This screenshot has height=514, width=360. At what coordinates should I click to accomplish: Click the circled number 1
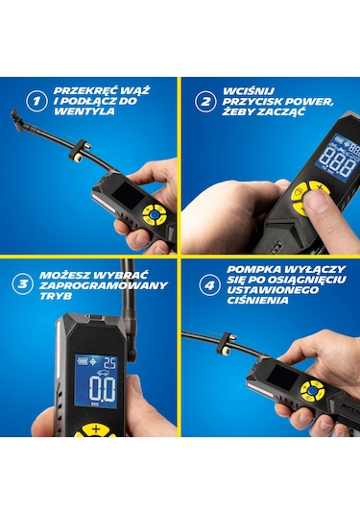click(x=36, y=101)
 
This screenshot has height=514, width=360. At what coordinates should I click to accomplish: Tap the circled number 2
click(x=205, y=101)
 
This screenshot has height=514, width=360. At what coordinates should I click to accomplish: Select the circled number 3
click(x=23, y=283)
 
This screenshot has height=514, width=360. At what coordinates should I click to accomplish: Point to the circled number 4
click(x=209, y=285)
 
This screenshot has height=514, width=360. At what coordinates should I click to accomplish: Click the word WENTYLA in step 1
click(x=84, y=111)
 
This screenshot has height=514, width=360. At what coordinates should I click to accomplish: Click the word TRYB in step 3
click(x=56, y=296)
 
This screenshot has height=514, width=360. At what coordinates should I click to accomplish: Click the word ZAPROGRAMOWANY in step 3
click(x=103, y=285)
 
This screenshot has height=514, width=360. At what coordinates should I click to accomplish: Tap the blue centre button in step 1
click(x=154, y=214)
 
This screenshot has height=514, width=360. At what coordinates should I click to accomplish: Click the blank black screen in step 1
click(x=128, y=196)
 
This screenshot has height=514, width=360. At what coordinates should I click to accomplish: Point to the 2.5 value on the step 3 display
click(x=109, y=363)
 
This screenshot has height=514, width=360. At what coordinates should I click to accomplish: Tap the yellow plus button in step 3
click(x=96, y=429)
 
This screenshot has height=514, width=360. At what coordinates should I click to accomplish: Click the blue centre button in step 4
click(x=312, y=390)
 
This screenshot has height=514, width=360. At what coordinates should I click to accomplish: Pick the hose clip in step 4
click(x=226, y=345)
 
